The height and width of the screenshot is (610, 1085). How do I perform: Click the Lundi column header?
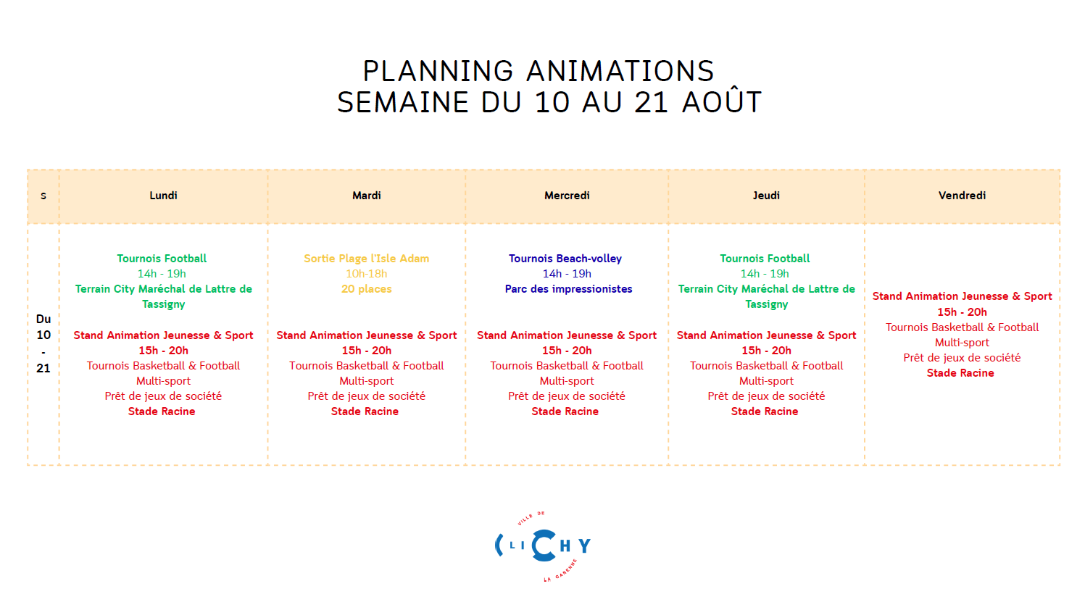pos(163,196)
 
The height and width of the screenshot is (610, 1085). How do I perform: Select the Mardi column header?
pos(366,196)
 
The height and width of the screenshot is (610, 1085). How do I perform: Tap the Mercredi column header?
pos(567,196)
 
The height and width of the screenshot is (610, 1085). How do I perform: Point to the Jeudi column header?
pos(766,196)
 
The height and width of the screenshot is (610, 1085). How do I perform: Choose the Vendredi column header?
pos(962,196)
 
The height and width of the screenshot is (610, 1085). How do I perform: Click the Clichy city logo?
pos(543,546)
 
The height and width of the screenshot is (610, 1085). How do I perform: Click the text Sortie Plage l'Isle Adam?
pos(366,259)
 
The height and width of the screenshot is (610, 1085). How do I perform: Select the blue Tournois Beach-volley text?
pos(565,259)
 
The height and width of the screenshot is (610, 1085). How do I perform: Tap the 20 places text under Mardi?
pos(366,289)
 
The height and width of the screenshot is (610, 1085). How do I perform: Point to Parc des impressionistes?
pos(568,289)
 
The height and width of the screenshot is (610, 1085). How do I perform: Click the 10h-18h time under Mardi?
pos(366,274)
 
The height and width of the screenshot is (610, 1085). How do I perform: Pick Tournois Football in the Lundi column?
pos(162,259)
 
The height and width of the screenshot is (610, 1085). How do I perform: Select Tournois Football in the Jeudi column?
pos(765,259)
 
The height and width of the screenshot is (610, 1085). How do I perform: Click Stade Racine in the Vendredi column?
pos(960,373)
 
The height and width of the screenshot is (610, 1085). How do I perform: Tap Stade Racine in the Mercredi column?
pos(565,411)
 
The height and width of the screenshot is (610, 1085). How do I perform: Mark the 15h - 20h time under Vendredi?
pos(962,312)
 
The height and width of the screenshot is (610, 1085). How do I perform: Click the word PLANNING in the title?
pos(438,71)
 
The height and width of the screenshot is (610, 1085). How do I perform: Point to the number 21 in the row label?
pos(43,369)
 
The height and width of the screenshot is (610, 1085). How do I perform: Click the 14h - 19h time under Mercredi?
pos(567,274)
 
